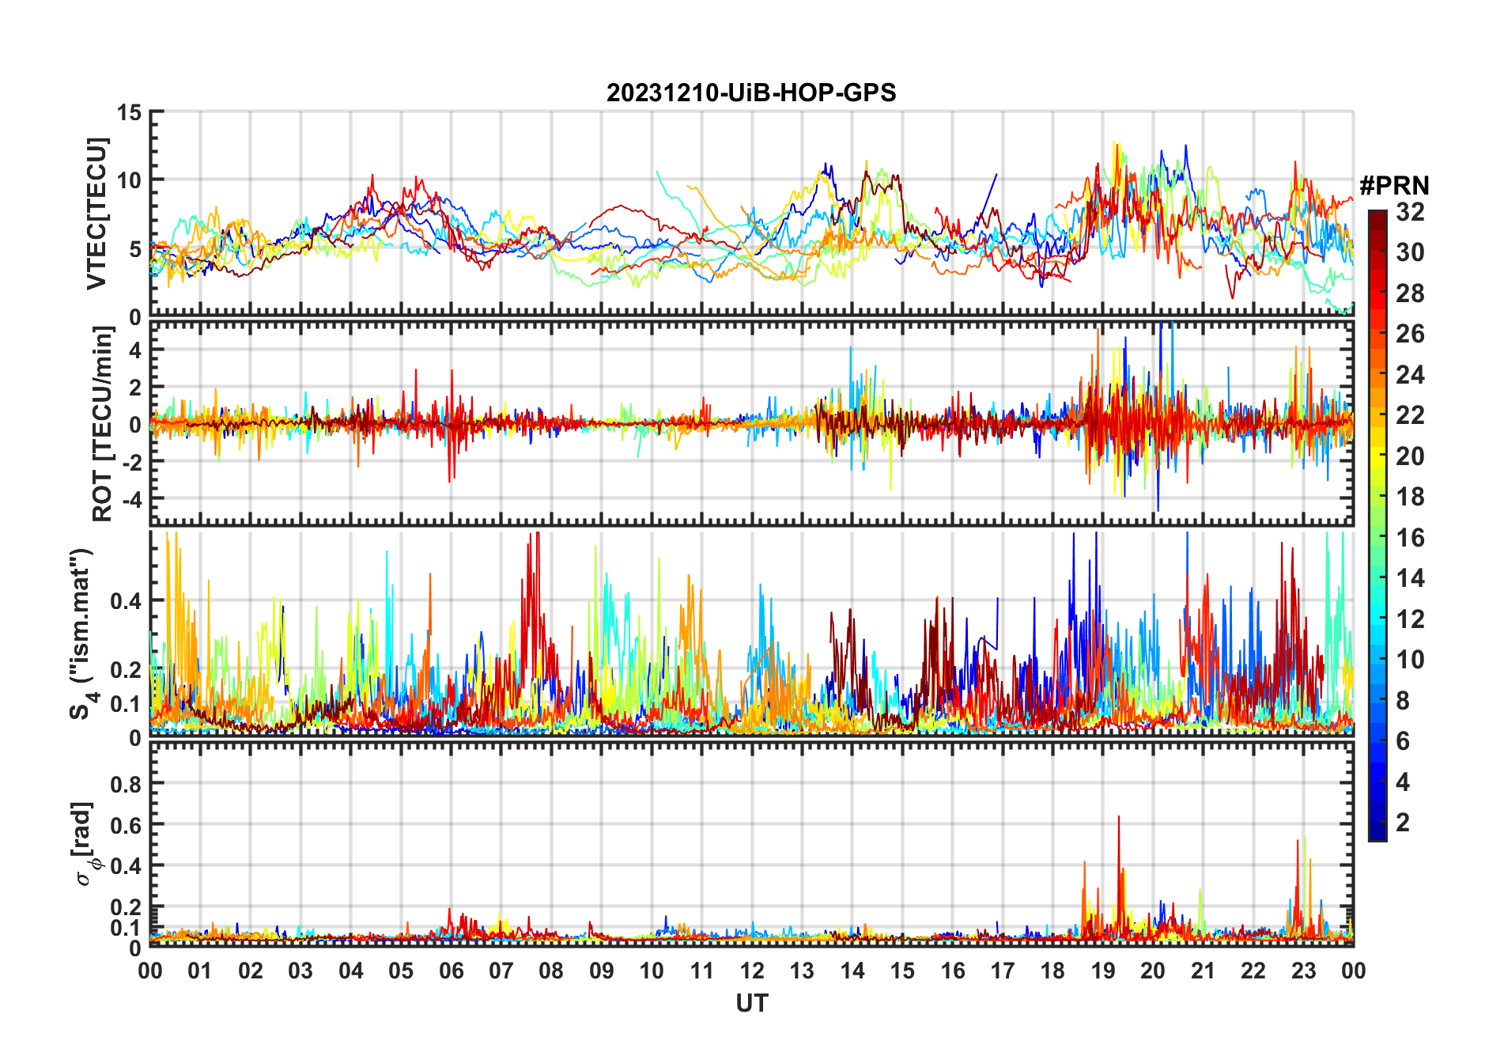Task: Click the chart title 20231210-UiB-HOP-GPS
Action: pos(751,93)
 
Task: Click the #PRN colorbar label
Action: pos(1394,186)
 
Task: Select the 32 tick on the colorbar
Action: pos(1410,212)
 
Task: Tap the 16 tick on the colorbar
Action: pos(1410,538)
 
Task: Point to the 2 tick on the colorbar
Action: pos(1403,823)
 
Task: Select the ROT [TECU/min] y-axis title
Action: pos(102,424)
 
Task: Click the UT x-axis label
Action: pos(751,1004)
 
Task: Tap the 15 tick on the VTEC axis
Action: pos(129,112)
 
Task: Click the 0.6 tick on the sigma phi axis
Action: pos(127,825)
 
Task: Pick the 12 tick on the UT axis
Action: pos(752,971)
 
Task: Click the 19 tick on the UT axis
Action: pos(1103,971)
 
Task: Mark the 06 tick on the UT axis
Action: pos(452,971)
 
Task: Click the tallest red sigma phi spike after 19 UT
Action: pos(1118,818)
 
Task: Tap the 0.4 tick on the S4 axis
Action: pos(127,600)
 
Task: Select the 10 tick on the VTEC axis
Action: pos(129,180)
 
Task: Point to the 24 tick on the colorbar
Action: pos(1410,375)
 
